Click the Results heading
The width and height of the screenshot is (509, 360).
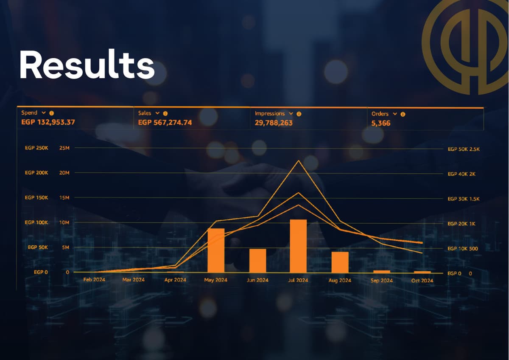click(87, 65)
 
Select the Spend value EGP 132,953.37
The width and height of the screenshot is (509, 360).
click(48, 122)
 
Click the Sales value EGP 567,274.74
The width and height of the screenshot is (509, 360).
click(165, 123)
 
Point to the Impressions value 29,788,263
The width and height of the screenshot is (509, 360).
click(273, 123)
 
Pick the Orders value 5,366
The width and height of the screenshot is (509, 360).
click(380, 123)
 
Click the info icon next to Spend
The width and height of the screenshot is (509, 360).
click(52, 113)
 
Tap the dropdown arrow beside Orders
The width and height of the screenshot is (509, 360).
click(395, 114)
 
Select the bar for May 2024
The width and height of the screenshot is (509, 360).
click(216, 250)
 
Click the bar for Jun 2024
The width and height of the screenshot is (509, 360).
click(257, 261)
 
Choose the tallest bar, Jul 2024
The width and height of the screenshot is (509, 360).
click(298, 246)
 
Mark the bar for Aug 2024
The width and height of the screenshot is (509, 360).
click(340, 262)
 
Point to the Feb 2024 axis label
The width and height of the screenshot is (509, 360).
click(94, 279)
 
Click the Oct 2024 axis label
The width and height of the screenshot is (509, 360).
click(422, 281)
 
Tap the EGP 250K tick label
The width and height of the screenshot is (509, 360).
click(36, 148)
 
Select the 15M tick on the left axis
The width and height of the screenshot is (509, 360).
click(64, 198)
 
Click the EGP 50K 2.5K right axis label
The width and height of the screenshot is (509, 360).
click(464, 149)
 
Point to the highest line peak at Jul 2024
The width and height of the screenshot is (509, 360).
click(298, 160)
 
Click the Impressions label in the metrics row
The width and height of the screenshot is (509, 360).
click(269, 113)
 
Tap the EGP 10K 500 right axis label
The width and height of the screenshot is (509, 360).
click(463, 249)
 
